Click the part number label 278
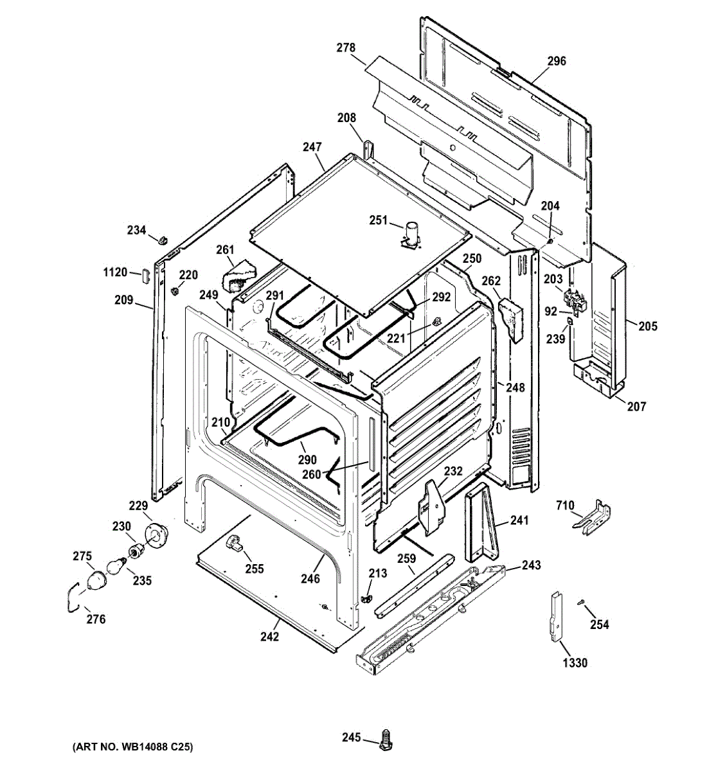pyautogui.click(x=346, y=48)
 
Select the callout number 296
pyautogui.click(x=557, y=61)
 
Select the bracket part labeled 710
pyautogui.click(x=591, y=518)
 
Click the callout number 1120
pyautogui.click(x=115, y=272)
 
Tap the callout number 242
pyautogui.click(x=269, y=637)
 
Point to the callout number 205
pyautogui.click(x=648, y=326)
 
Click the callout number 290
pyautogui.click(x=307, y=459)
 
